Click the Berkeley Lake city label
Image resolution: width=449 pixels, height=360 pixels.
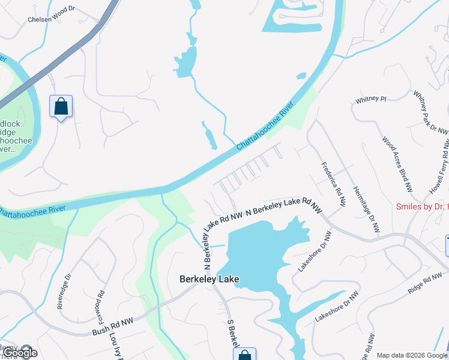(209, 279)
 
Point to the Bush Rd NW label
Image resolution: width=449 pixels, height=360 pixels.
(112, 326)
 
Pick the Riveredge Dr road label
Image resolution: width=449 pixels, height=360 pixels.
(64, 292)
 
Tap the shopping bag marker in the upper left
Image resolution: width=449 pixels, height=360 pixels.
(61, 107)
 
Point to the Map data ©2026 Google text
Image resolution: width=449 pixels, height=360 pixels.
(412, 355)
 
